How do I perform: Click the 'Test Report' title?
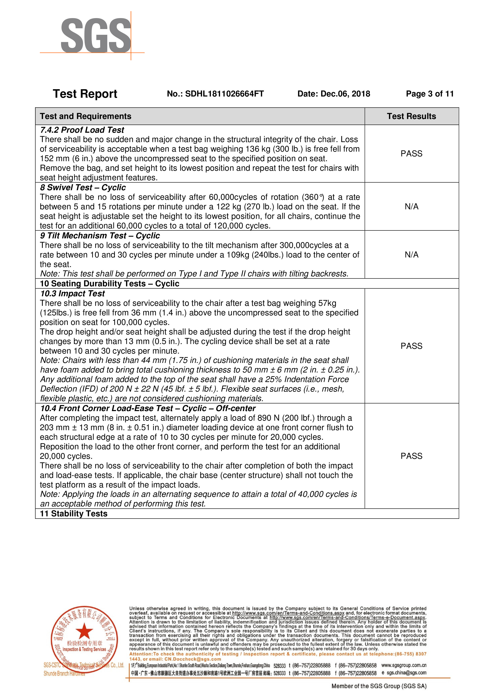pyautogui.click(x=85, y=94)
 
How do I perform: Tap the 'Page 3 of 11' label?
pyautogui.click(x=429, y=94)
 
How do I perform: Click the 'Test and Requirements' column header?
pyautogui.click(x=85, y=116)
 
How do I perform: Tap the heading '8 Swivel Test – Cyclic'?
pyautogui.click(x=83, y=188)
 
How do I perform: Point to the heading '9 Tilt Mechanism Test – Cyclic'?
pyautogui.click(x=100, y=236)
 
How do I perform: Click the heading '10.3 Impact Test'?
pyautogui.click(x=73, y=294)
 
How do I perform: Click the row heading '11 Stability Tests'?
pyautogui.click(x=74, y=514)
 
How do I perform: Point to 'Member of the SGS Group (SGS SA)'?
pyautogui.click(x=379, y=686)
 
